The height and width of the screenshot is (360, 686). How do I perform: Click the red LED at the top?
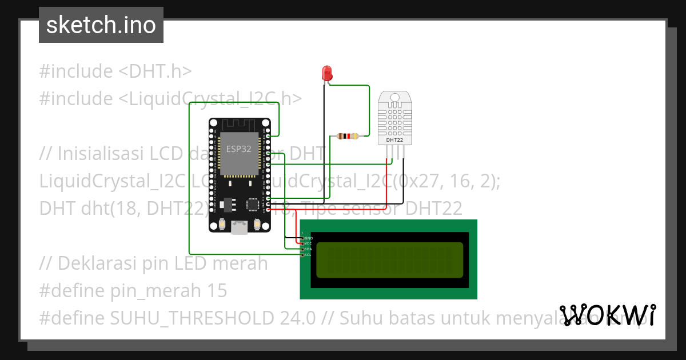327,73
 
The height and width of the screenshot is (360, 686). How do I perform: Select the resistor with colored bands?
348,136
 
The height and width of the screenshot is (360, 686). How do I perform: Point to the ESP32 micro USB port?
239,228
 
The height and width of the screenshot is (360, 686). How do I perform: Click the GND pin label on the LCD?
308,238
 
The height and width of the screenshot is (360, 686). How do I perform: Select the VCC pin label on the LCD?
308,243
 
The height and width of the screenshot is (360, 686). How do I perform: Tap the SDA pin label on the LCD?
308,249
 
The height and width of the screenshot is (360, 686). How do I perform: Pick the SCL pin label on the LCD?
308,255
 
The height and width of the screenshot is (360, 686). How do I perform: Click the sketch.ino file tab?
101,25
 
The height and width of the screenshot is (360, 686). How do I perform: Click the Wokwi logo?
607,315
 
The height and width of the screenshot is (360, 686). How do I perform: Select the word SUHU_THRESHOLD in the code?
196,318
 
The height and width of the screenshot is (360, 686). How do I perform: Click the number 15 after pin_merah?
217,291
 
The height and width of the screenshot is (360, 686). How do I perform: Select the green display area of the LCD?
389,260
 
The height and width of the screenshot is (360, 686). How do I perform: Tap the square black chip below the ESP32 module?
252,204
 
